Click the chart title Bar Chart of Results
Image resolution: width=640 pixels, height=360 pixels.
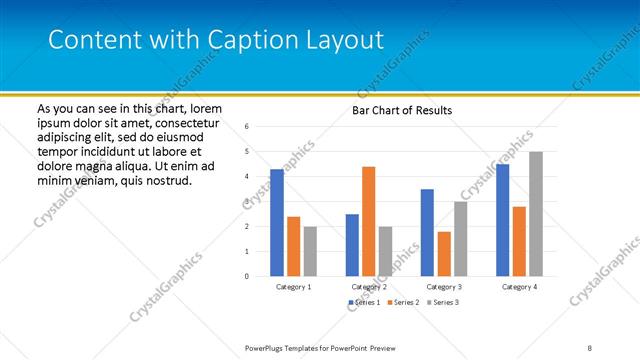(x=402, y=110)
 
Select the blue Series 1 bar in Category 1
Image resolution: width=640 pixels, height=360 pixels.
(x=276, y=223)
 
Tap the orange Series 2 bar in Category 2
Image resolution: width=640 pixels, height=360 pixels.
(x=368, y=221)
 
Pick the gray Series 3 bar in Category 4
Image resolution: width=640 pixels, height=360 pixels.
(x=536, y=214)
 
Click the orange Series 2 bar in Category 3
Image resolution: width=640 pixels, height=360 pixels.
(x=443, y=254)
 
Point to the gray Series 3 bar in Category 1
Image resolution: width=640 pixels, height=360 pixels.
(x=310, y=251)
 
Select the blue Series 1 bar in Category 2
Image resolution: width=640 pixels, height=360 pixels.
(x=352, y=245)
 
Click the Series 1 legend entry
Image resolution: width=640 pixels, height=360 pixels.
(x=364, y=301)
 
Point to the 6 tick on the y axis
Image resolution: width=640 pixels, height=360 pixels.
(x=247, y=127)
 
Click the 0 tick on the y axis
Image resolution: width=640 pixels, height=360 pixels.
(x=247, y=277)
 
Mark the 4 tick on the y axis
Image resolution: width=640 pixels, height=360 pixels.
(x=247, y=177)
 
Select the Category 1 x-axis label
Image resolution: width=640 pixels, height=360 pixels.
(x=293, y=287)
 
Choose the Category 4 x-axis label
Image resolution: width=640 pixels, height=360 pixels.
(x=518, y=287)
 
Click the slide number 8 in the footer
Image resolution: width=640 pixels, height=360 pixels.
(x=590, y=347)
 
